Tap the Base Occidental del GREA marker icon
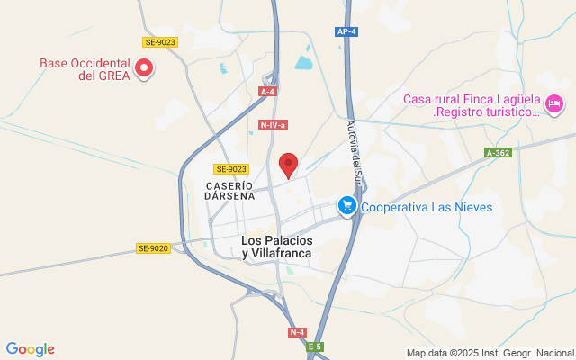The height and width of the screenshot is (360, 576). coord(143,67)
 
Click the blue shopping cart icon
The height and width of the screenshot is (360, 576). coord(346,206)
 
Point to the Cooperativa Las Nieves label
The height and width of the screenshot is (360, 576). coord(427,207)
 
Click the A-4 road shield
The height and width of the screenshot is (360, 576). coord(267,92)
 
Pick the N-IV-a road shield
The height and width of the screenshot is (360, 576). coord(272,125)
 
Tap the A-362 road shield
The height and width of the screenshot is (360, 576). coord(497,153)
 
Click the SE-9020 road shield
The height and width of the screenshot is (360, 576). coord(153,248)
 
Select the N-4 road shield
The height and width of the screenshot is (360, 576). coord(297,332)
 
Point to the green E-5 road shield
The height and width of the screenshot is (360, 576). coord(314,346)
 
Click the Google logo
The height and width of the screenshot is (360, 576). coord(30,349)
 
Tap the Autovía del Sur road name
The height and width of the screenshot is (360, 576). coord(353,159)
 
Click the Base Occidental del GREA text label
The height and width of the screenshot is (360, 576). coord(85,69)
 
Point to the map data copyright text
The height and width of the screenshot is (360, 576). coord(490,353)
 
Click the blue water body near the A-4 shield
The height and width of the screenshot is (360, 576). coord(302,63)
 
